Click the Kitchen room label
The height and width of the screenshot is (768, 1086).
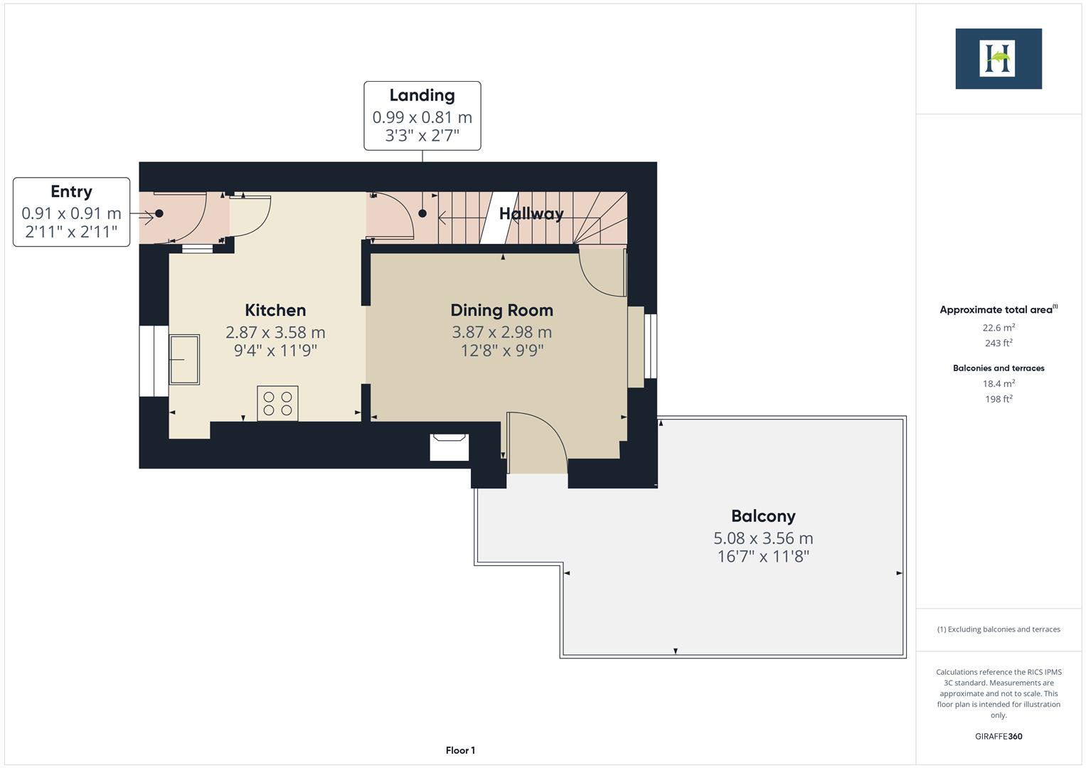click(x=275, y=310)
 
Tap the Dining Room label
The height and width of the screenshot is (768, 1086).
click(x=501, y=310)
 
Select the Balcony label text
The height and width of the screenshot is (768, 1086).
click(x=762, y=516)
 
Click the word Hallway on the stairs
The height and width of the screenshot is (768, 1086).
click(x=531, y=213)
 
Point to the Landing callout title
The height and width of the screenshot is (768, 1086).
click(x=422, y=95)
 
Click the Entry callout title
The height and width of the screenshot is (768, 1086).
click(x=71, y=191)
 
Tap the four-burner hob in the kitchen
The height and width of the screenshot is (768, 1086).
click(x=277, y=403)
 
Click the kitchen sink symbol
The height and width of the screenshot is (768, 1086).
click(x=184, y=359)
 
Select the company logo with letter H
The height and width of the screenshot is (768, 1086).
click(x=998, y=59)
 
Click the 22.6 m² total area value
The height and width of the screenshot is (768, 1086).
click(x=998, y=328)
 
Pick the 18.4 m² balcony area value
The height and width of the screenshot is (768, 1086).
click(x=998, y=383)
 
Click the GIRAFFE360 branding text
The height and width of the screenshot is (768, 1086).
click(x=998, y=737)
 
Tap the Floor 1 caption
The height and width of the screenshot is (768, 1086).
click(x=460, y=750)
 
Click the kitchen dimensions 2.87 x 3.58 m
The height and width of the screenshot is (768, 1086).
click(x=275, y=332)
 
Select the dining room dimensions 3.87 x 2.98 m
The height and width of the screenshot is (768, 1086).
click(x=501, y=332)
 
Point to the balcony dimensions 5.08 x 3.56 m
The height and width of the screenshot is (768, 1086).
click(x=762, y=538)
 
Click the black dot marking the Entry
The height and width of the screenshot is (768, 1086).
click(x=159, y=213)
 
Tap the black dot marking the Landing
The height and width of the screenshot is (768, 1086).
click(x=422, y=213)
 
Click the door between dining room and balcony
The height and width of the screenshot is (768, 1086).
click(x=537, y=444)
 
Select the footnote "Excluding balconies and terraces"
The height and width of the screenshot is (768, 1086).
click(x=998, y=629)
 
